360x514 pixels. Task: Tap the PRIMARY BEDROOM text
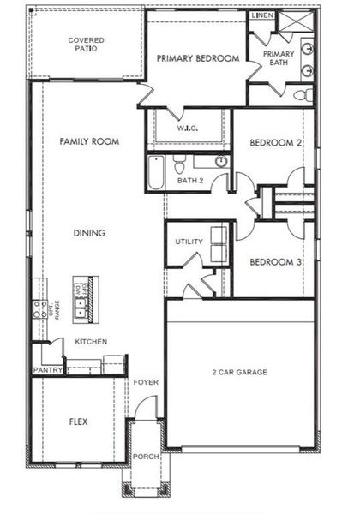pyautogui.click(x=197, y=58)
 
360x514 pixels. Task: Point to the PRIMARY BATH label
pyautogui.click(x=279, y=57)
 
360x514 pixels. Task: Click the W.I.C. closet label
pyautogui.click(x=189, y=129)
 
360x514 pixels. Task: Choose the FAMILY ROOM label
pyautogui.click(x=88, y=141)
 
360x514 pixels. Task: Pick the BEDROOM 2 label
pyautogui.click(x=274, y=143)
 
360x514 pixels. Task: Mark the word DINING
pyautogui.click(x=89, y=232)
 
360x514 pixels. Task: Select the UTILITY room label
pyautogui.click(x=189, y=242)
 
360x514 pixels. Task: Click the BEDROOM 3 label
pyautogui.click(x=274, y=262)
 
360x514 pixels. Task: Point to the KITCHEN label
pyautogui.click(x=91, y=342)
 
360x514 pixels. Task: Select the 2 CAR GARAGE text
pyautogui.click(x=240, y=372)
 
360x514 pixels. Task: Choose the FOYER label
pyautogui.click(x=146, y=382)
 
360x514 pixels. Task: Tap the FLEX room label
pyautogui.click(x=79, y=422)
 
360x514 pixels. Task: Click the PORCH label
pyautogui.click(x=146, y=457)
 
